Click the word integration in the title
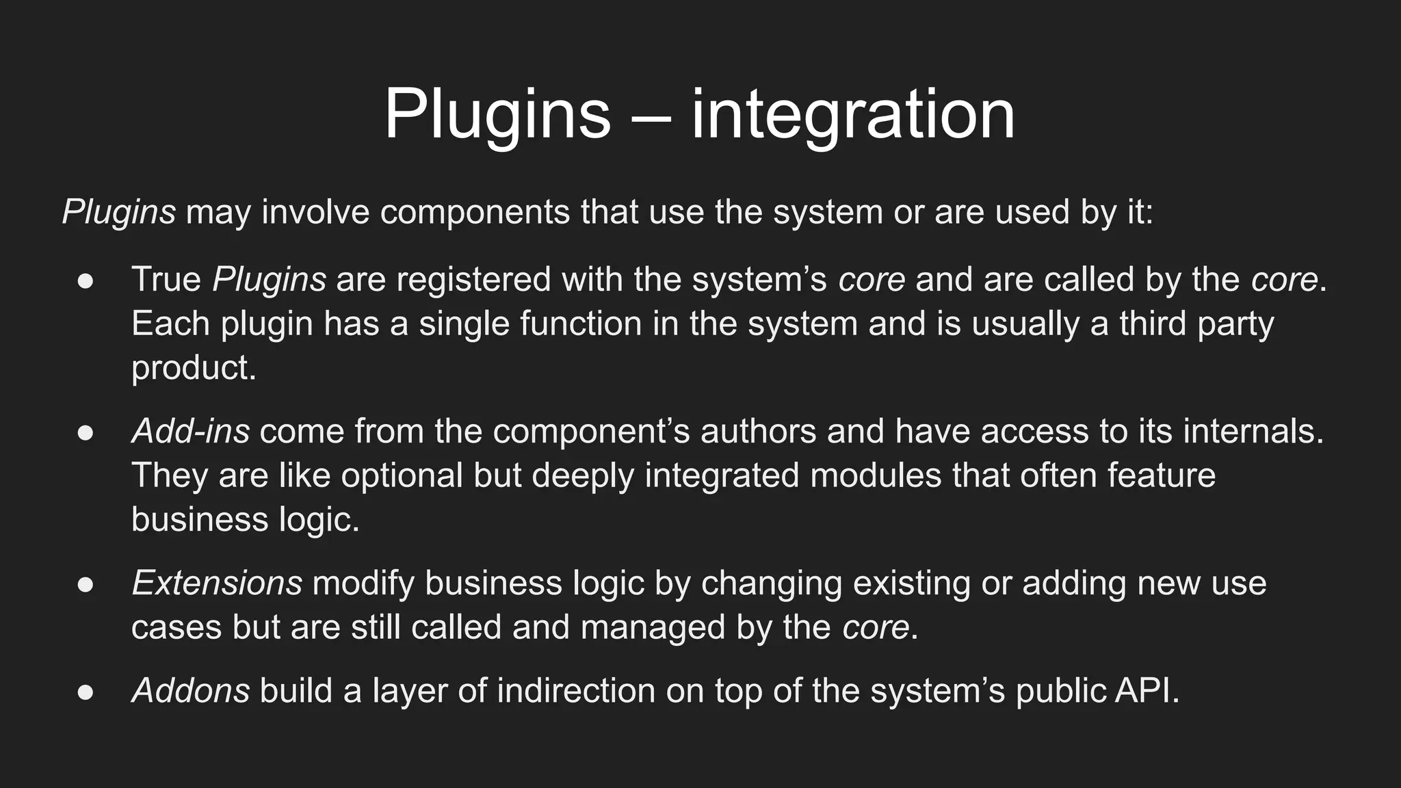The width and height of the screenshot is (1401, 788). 853,115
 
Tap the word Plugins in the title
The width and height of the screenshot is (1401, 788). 497,115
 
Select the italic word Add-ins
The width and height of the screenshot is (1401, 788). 190,432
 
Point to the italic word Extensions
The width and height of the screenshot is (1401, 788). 216,583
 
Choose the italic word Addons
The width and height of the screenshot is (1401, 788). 190,690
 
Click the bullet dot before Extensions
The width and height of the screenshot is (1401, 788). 86,585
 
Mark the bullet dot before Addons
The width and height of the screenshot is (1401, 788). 86,692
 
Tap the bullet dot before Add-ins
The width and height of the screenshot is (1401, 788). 86,433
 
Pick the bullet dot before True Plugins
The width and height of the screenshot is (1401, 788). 86,281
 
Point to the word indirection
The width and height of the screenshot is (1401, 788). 576,690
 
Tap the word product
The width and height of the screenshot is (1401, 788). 193,369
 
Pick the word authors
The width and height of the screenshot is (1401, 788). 758,432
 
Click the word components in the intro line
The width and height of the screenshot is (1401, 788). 475,212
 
